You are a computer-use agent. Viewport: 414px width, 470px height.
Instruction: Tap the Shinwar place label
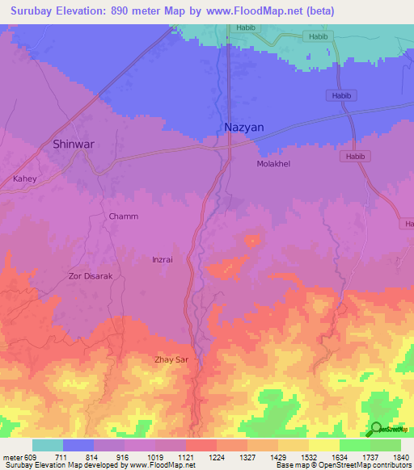[x=74, y=145]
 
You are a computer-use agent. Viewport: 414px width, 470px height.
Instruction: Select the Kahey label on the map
[x=25, y=178]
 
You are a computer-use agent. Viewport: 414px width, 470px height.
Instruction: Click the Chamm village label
[x=124, y=216]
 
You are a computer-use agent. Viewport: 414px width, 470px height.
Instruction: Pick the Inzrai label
[x=163, y=259]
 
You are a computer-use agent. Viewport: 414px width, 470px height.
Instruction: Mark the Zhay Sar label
[x=175, y=359]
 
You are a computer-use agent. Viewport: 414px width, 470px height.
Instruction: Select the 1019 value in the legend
[x=154, y=456]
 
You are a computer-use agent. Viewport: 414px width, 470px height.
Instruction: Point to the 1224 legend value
[x=217, y=456]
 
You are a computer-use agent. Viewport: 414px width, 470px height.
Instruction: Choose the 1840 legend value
[x=401, y=456]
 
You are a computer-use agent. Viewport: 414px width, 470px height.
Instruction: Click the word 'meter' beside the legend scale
[x=12, y=456]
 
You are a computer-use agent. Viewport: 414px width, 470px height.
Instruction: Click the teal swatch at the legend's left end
[x=47, y=445]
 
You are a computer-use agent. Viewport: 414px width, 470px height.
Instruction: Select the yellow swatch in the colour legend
[x=323, y=445]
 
